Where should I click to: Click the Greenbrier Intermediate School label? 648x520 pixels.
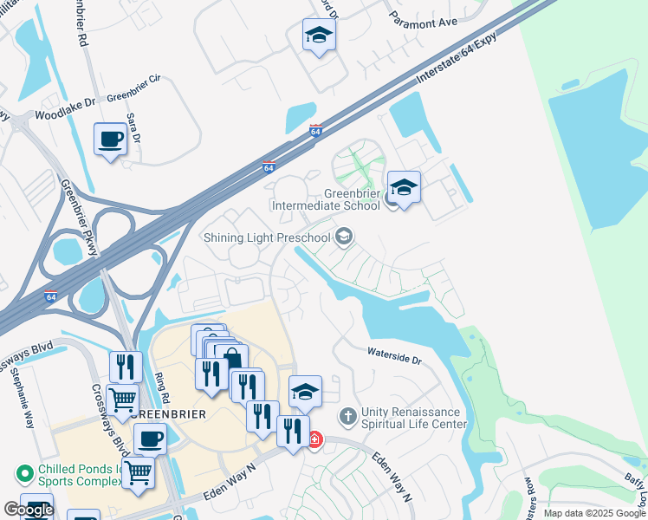(326, 199)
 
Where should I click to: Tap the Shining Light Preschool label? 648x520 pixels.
(267, 237)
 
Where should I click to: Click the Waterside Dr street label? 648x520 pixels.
(393, 354)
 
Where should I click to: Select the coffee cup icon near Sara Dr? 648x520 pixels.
(110, 139)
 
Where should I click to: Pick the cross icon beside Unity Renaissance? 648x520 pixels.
(347, 417)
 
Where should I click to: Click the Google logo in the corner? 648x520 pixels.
(28, 510)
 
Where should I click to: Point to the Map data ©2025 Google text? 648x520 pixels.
(594, 513)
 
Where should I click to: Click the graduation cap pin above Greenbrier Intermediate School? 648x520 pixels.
(404, 186)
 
